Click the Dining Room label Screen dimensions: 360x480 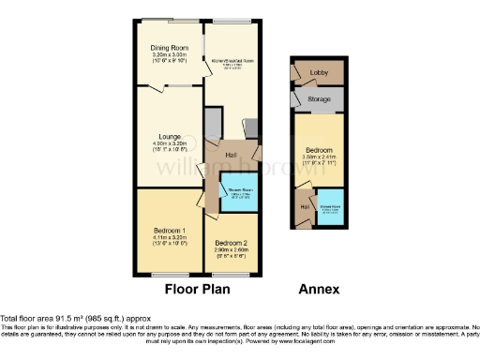pyautogui.click(x=170, y=48)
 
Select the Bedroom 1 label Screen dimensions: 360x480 pyautogui.click(x=170, y=231)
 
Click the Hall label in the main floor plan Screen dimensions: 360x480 pyautogui.click(x=231, y=155)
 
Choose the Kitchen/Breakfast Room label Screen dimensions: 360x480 pyautogui.click(x=233, y=61)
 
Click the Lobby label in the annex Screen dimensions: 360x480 pyautogui.click(x=318, y=70)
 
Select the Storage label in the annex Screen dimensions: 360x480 pyautogui.click(x=318, y=97)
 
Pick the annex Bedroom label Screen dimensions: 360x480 pyautogui.click(x=318, y=147)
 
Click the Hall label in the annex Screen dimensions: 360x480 pyautogui.click(x=304, y=207)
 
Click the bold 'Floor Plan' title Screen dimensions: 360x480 pyautogui.click(x=199, y=290)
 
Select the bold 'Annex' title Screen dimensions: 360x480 pyautogui.click(x=319, y=290)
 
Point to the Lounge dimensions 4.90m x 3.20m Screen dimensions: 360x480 pyautogui.click(x=170, y=143)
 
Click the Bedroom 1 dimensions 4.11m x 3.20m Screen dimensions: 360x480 pyautogui.click(x=170, y=239)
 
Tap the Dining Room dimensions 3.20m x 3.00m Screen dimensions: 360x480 pyautogui.click(x=170, y=55)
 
